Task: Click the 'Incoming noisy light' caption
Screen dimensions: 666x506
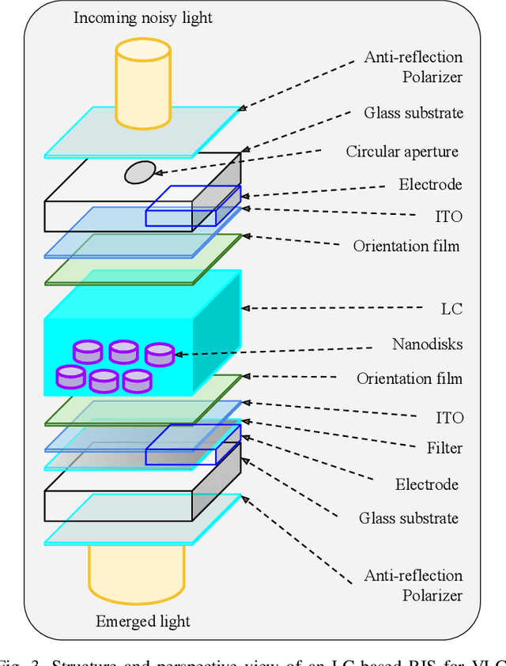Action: (x=143, y=17)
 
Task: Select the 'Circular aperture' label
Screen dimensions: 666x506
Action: (x=402, y=152)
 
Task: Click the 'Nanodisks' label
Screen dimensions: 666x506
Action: (x=427, y=344)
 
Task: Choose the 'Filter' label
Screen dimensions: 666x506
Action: (x=444, y=448)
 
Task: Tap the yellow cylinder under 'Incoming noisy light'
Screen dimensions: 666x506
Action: (x=142, y=83)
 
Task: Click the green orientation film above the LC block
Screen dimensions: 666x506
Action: (x=142, y=259)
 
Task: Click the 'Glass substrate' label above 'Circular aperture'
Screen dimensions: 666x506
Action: (x=413, y=112)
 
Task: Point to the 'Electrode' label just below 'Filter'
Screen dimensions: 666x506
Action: (x=427, y=484)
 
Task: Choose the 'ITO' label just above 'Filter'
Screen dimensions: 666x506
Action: (x=450, y=417)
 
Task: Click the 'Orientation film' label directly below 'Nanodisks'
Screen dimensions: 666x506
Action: (x=409, y=378)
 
